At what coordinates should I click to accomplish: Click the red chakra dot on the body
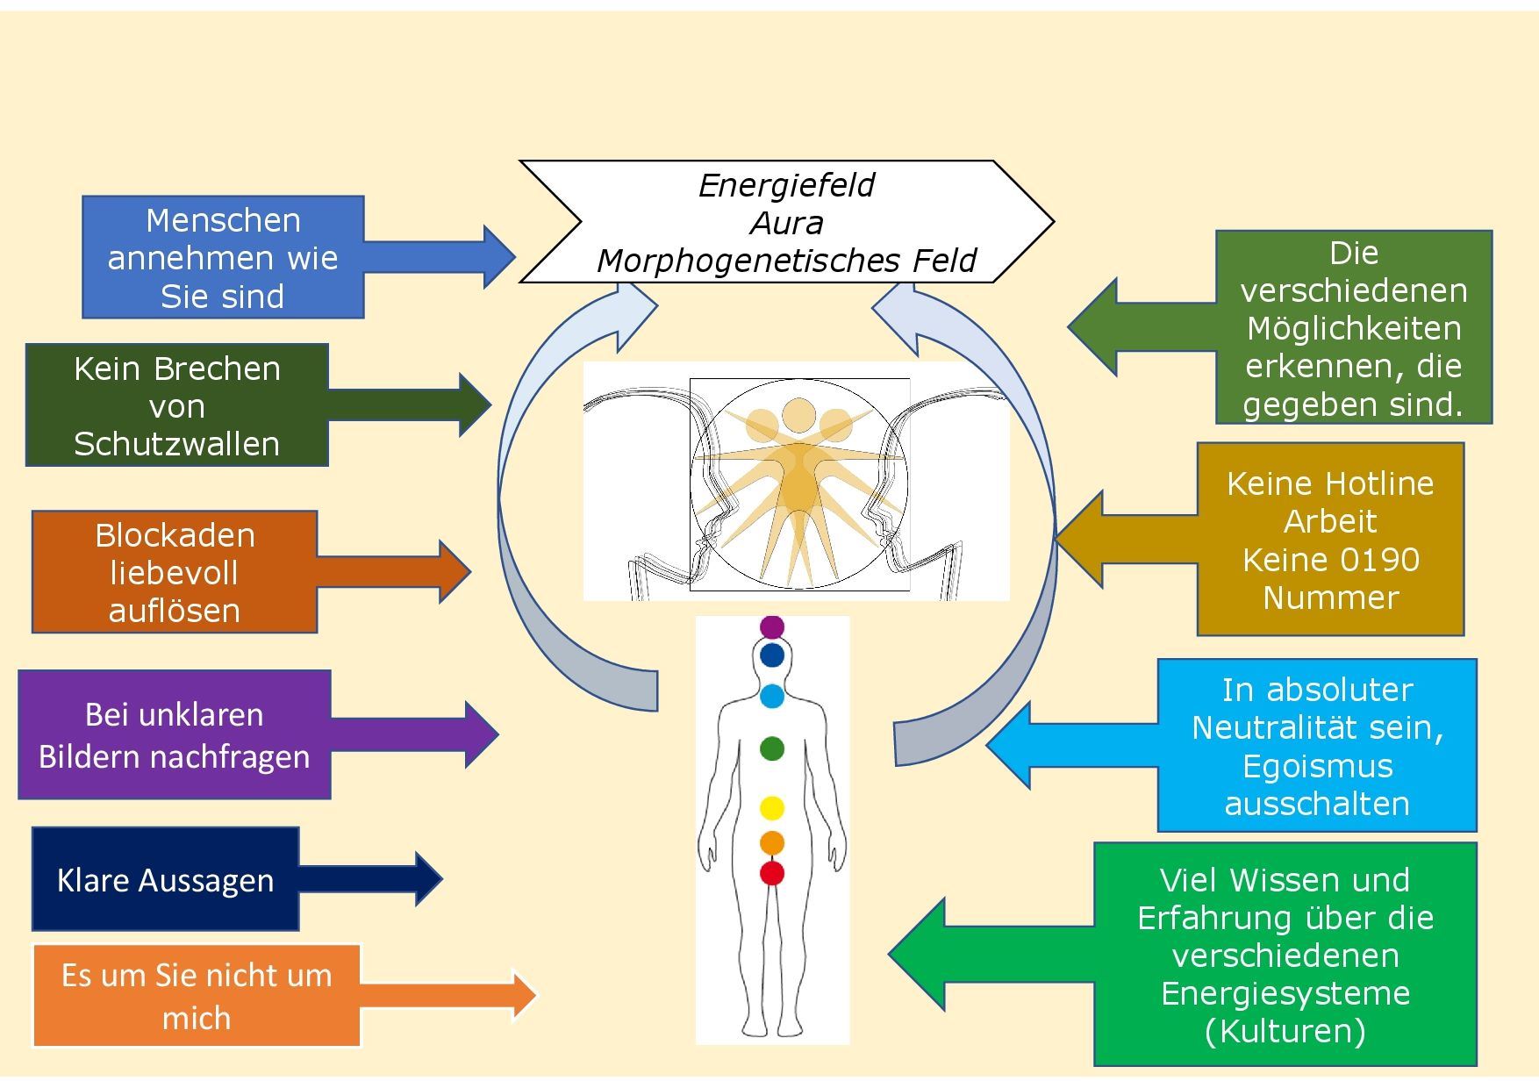[x=771, y=874]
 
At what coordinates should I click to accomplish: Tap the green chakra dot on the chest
[x=771, y=748]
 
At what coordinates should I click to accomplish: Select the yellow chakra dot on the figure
[x=771, y=807]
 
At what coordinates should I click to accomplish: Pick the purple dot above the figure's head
[x=771, y=626]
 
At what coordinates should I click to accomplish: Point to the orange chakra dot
[x=771, y=842]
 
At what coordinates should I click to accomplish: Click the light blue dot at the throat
[x=771, y=697]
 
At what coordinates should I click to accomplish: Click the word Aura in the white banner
[x=786, y=223]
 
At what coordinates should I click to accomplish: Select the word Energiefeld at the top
[x=786, y=185]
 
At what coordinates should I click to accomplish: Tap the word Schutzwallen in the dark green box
[x=176, y=444]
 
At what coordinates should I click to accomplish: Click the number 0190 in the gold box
[x=1375, y=559]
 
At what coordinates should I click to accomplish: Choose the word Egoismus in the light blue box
[x=1317, y=766]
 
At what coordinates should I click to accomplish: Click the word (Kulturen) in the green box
[x=1285, y=1030]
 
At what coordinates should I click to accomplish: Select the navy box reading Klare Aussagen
[x=165, y=879]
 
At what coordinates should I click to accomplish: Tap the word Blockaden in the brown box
[x=175, y=535]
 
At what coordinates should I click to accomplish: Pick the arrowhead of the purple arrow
[x=481, y=734]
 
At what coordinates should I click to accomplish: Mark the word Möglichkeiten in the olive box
[x=1354, y=328]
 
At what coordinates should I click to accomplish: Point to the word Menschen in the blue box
[x=223, y=220]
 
